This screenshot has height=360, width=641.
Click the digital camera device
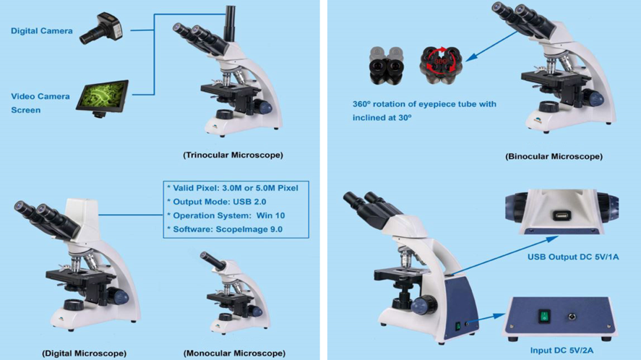[101, 28]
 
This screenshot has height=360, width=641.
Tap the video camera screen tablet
[102, 98]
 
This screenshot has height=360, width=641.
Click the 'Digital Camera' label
[42, 30]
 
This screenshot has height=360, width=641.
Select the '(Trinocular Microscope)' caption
[233, 155]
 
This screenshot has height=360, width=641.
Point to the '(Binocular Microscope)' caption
[554, 156]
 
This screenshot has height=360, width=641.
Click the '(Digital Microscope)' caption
[85, 353]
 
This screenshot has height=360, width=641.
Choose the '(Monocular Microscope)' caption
[234, 353]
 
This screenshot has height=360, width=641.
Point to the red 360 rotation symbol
[440, 61]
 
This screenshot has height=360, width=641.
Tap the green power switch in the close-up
[544, 316]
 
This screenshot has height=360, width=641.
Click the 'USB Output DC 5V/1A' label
[573, 257]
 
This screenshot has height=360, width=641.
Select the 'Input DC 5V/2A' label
[562, 350]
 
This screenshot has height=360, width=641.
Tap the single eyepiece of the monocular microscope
[212, 260]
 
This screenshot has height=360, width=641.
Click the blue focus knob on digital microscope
[119, 296]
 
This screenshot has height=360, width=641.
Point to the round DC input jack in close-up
[572, 316]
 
